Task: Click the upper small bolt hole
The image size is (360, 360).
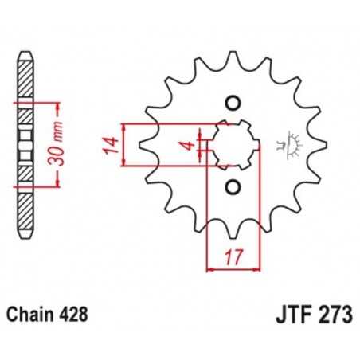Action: tap(232, 102)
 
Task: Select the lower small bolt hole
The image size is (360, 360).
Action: tap(232, 186)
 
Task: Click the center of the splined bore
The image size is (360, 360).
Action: tap(232, 144)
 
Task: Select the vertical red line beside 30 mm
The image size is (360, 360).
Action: tap(58, 144)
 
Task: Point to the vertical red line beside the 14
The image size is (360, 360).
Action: tap(123, 144)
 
